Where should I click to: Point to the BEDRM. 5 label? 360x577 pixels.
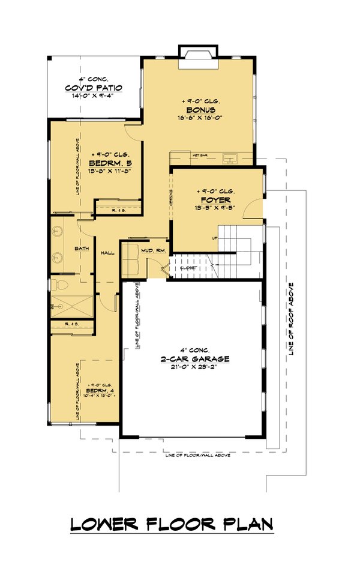(110, 163)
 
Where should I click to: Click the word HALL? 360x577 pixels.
(107, 253)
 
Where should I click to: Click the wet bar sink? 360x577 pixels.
(230, 159)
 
